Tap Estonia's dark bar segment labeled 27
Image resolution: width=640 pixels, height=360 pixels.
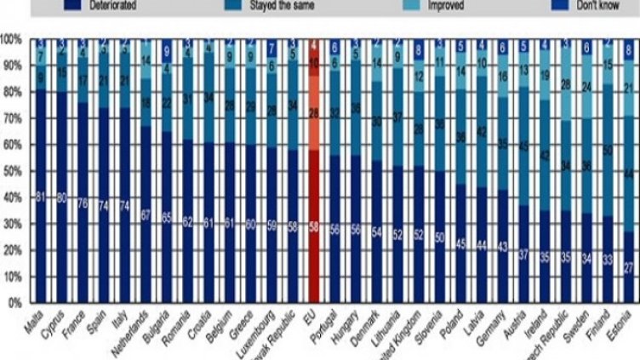point(628,267)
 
